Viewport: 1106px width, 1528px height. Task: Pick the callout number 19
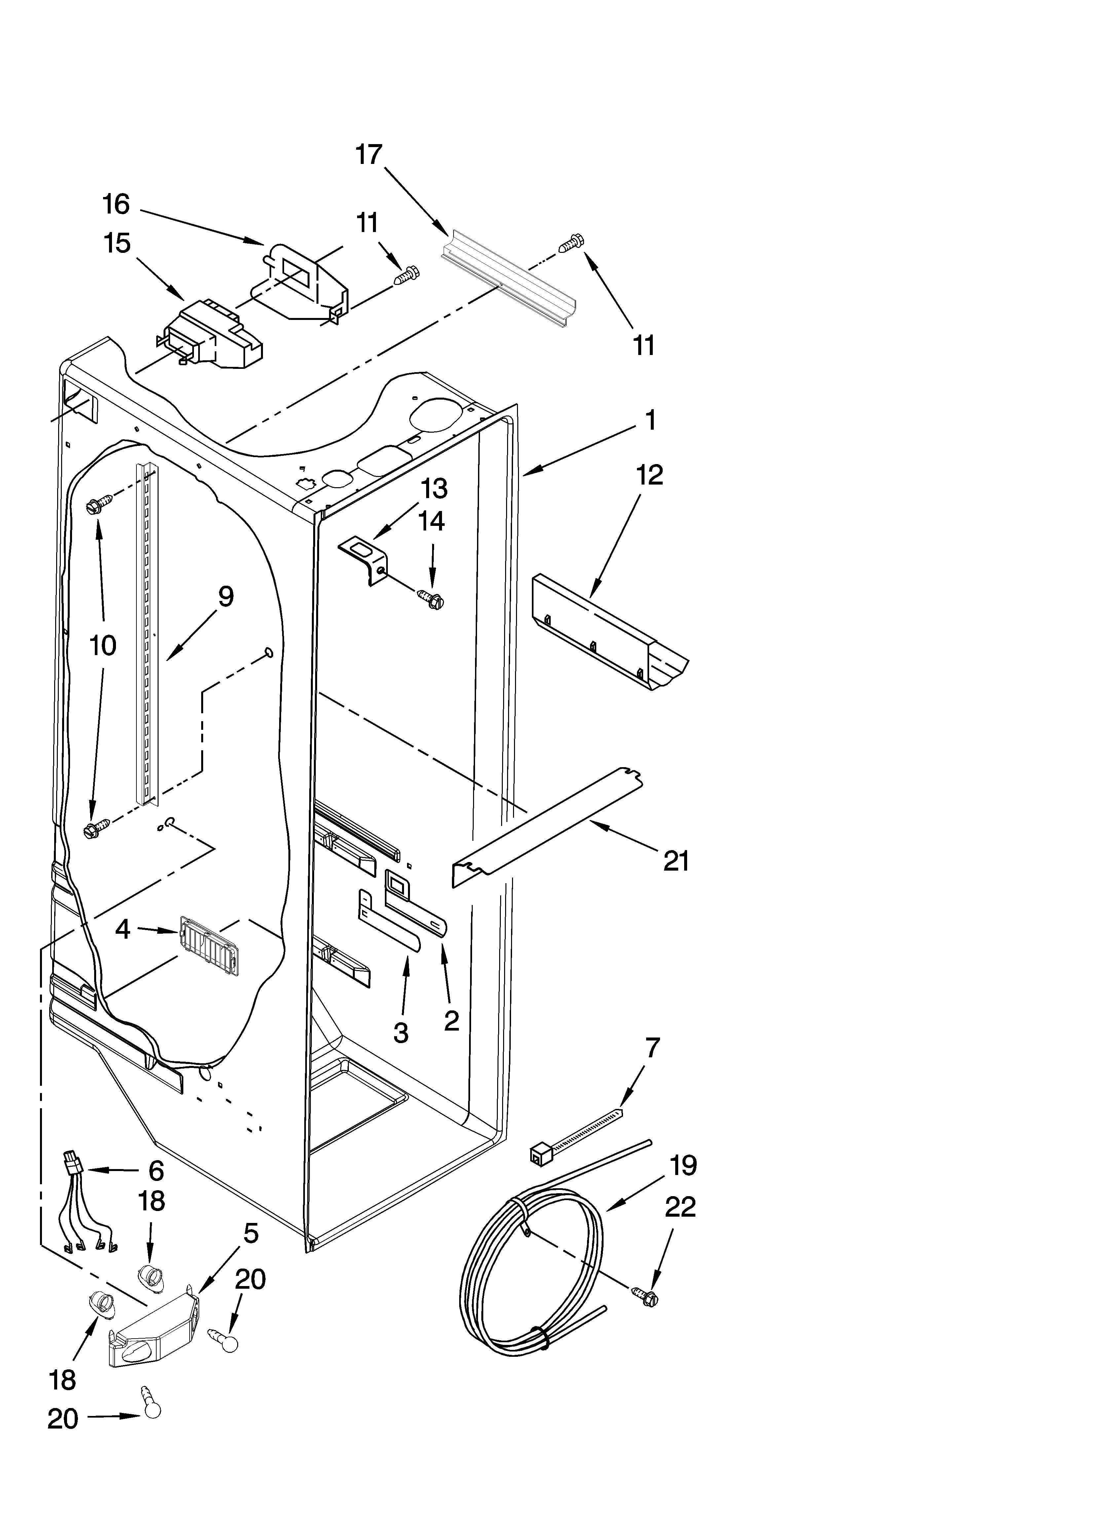[x=683, y=1165]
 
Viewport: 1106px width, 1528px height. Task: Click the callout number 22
[x=680, y=1207]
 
